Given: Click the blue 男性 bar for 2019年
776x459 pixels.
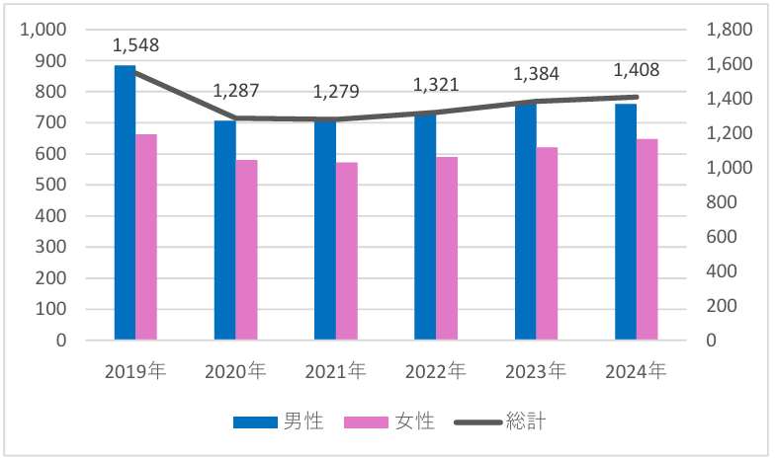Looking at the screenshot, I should tap(125, 202).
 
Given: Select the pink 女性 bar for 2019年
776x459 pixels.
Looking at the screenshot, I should tap(146, 237).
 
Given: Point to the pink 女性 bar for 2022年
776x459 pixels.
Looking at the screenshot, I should tap(447, 248).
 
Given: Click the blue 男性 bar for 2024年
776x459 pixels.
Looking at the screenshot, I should tap(626, 222).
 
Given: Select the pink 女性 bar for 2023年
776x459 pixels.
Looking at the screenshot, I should tap(548, 244).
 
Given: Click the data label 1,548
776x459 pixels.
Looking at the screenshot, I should tap(135, 45).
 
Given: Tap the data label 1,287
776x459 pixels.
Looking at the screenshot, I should tap(236, 91).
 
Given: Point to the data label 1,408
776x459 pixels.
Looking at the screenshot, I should tap(637, 70).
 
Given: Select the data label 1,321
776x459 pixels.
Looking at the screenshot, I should tap(436, 85).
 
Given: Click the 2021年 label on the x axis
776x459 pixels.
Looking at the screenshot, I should tap(336, 372).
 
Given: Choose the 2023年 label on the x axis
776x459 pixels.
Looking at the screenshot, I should tap(537, 372).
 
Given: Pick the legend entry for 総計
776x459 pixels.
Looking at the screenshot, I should tap(499, 422).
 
